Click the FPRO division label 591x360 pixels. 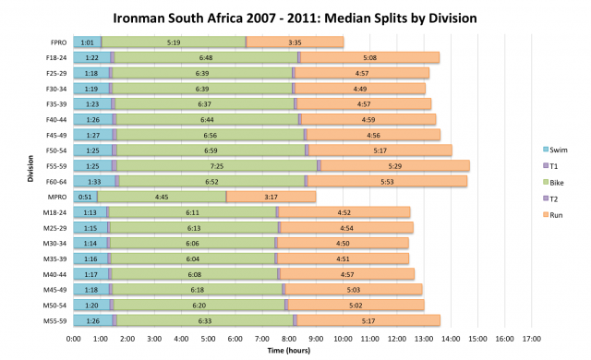[x=57, y=42]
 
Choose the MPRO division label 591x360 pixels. [x=56, y=197]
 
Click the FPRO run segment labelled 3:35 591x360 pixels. [x=295, y=42]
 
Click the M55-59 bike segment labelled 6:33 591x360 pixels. [x=205, y=320]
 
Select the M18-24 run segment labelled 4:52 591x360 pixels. [x=344, y=212]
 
